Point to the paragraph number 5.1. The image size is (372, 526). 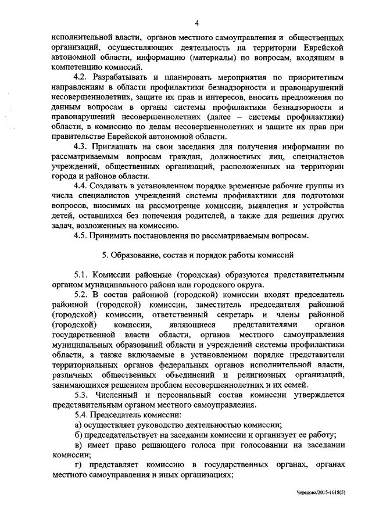(x=81, y=275)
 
